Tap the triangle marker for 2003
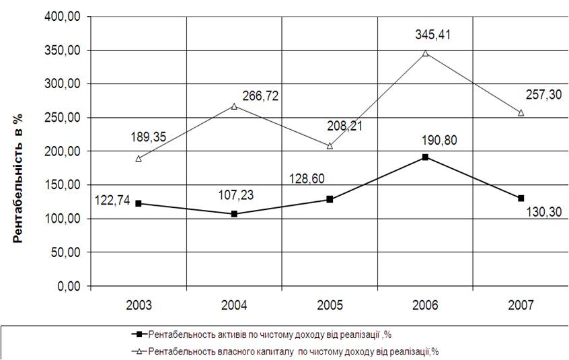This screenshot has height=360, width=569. coord(139,159)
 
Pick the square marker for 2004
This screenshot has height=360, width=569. coord(234,214)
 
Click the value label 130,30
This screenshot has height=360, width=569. coord(542,213)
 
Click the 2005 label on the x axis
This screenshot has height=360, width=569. coord(330,305)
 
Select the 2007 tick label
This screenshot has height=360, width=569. coord(521,305)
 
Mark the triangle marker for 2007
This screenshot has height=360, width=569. coord(521,113)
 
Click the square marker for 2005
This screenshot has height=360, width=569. coord(330,199)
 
